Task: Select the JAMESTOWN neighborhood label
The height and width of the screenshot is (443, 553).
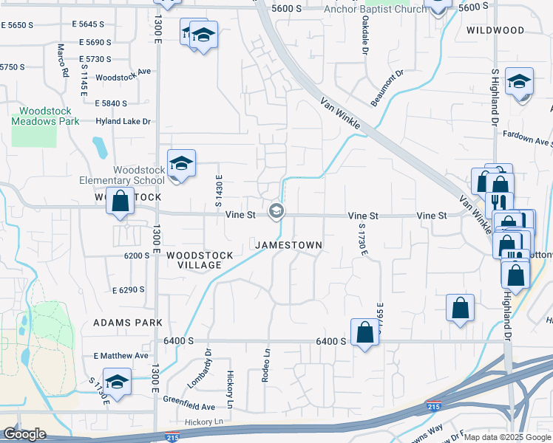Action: pyautogui.click(x=288, y=244)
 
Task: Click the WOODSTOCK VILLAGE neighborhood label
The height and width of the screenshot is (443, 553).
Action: pyautogui.click(x=200, y=260)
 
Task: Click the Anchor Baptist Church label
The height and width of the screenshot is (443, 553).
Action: pyautogui.click(x=376, y=10)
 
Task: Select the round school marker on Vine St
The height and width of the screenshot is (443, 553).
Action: pyautogui.click(x=276, y=212)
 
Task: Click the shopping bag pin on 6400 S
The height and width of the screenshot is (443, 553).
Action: pyautogui.click(x=364, y=332)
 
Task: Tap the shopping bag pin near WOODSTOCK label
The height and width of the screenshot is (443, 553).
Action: pyautogui.click(x=120, y=202)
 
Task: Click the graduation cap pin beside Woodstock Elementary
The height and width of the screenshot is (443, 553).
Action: pyautogui.click(x=181, y=164)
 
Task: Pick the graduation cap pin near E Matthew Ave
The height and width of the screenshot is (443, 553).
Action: pyautogui.click(x=117, y=382)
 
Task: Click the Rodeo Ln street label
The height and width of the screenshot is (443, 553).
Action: pyautogui.click(x=265, y=365)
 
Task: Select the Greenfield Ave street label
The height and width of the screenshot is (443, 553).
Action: pyautogui.click(x=189, y=406)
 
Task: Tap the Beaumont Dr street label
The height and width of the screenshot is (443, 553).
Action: pyautogui.click(x=388, y=87)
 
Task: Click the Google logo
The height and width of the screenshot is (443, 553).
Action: pyautogui.click(x=24, y=434)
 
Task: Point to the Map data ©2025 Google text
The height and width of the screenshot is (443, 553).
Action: pyautogui.click(x=506, y=437)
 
